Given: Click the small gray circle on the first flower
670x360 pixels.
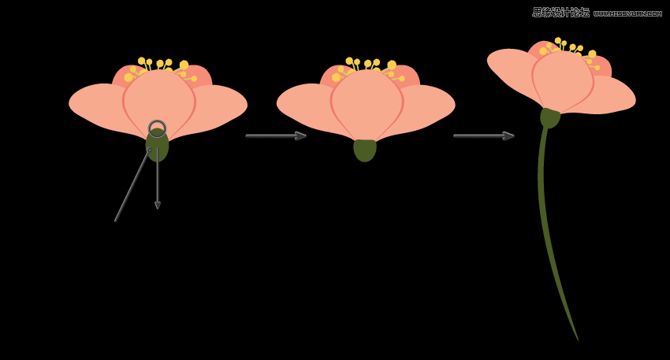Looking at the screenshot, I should [x=157, y=128].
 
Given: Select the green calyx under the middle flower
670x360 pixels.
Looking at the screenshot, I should [x=365, y=150].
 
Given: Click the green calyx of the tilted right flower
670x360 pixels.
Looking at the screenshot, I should [x=549, y=118].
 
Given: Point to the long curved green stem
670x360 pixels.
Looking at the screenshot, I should [x=544, y=221].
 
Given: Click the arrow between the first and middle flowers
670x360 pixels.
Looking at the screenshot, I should [x=275, y=136].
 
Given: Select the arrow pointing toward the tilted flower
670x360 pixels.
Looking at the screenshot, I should [x=483, y=136].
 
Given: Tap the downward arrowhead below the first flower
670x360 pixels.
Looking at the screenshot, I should [x=158, y=205].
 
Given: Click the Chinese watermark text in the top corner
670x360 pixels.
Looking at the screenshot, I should [x=560, y=13].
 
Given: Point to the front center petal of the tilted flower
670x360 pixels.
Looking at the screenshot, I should [x=561, y=79].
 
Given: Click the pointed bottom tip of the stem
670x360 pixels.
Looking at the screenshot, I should [x=578, y=340].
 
